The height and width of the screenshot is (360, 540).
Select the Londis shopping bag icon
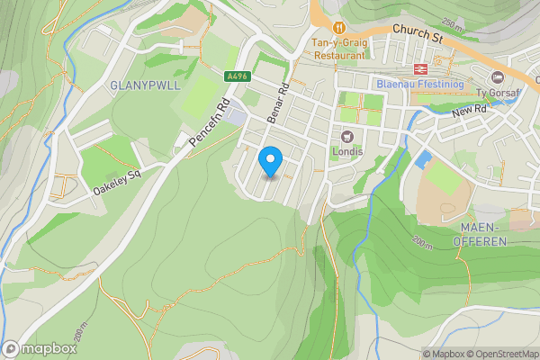click(x=346, y=136)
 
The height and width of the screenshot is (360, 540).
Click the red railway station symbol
click(x=419, y=68)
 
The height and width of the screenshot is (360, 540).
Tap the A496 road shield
click(x=238, y=77)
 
